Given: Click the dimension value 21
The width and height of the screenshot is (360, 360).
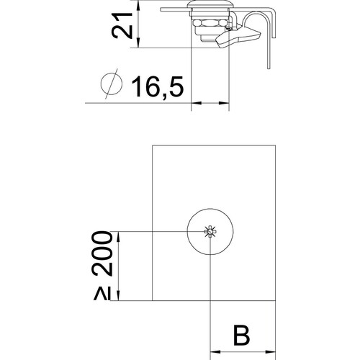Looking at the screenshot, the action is tap(122, 25).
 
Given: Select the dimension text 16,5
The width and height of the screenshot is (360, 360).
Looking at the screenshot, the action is tap(158, 86).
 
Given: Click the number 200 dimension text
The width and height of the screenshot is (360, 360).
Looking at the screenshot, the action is tap(102, 253).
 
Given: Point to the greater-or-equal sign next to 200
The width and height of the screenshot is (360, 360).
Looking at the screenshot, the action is tap(102, 294).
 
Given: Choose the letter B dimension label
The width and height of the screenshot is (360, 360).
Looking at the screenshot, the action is tap(241, 335).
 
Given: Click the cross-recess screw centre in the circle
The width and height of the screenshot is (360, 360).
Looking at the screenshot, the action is tap(210, 232).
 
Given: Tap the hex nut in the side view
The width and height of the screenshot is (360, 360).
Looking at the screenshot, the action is tap(210, 23).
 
